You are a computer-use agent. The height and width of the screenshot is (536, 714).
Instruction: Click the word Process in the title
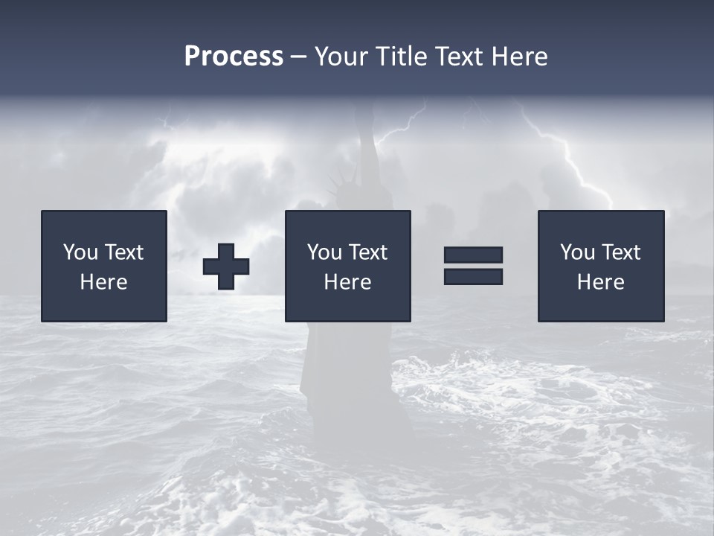pyautogui.click(x=234, y=57)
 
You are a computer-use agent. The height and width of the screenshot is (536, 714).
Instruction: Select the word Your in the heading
pyautogui.click(x=341, y=57)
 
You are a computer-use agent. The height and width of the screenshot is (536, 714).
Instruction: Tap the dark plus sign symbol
pyautogui.click(x=226, y=266)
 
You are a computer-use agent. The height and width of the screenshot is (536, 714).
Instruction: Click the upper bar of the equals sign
pyautogui.click(x=473, y=255)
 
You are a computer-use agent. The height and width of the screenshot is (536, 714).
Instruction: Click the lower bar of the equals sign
pyautogui.click(x=473, y=276)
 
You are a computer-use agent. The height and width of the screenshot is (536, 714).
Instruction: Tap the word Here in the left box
pyautogui.click(x=104, y=282)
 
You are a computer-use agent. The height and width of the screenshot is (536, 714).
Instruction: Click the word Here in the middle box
pyautogui.click(x=347, y=282)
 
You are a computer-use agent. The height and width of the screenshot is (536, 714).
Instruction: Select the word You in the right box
pyautogui.click(x=577, y=252)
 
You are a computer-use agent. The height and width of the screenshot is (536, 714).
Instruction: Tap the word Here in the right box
pyautogui.click(x=601, y=282)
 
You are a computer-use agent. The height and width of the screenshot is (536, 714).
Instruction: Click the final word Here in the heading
pyautogui.click(x=519, y=57)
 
